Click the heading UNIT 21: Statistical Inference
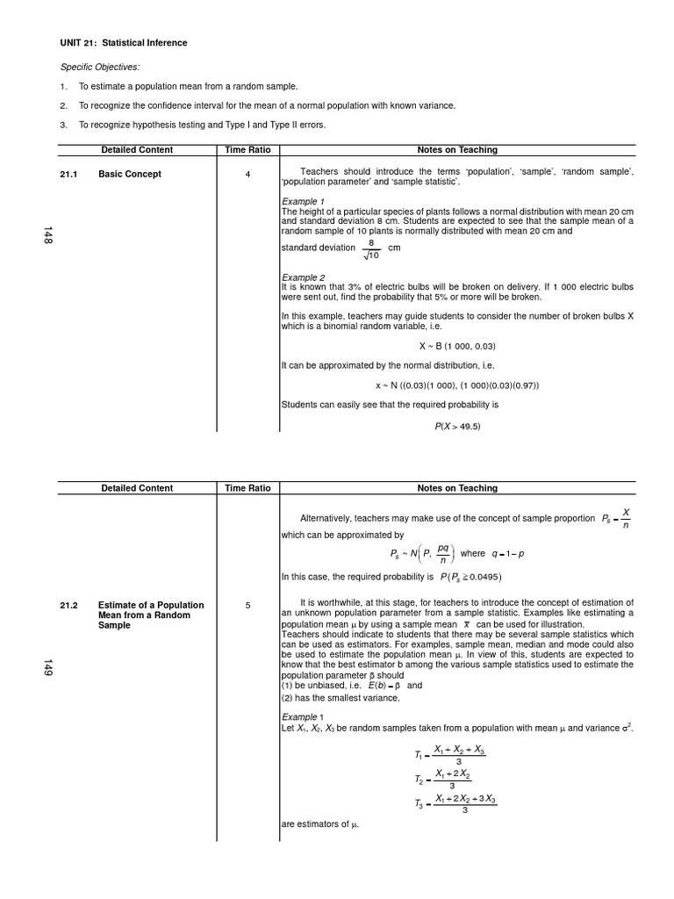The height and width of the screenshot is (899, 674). pos(123,43)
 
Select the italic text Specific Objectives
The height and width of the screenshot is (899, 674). pos(99,67)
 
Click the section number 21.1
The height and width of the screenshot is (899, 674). pos(68,174)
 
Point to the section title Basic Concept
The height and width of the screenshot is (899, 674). pos(130,174)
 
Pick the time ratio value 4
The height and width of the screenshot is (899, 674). pos(247,174)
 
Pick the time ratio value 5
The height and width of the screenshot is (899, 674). pos(247,605)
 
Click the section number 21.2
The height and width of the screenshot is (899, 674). pos(68,605)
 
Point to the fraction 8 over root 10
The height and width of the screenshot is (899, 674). pos(371,248)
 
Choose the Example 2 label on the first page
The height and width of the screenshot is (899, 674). pos(303,277)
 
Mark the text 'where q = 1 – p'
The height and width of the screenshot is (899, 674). pos(497,554)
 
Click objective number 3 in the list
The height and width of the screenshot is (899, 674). pos(63,125)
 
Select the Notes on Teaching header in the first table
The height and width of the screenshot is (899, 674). pos(456,150)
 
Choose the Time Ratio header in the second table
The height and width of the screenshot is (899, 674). pos(247,488)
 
